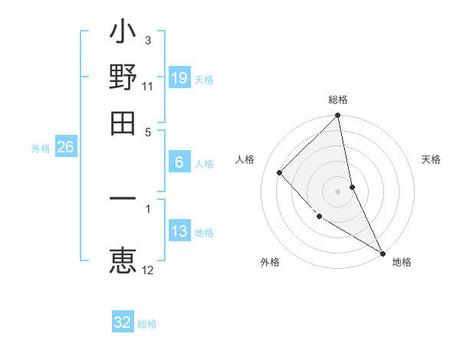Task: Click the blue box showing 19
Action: (179, 77)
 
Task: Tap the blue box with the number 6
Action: (179, 162)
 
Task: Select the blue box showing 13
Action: (179, 231)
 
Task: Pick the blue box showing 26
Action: (65, 147)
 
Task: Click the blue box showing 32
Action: (123, 322)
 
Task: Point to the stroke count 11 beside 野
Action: (148, 86)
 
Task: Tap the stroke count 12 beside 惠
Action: (148, 270)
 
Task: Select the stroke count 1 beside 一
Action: (147, 207)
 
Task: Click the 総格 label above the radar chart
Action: (338, 100)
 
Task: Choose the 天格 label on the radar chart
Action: (431, 159)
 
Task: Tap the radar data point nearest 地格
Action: (382, 252)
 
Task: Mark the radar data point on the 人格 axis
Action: (280, 172)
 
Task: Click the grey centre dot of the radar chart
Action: (338, 191)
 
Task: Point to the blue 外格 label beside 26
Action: (41, 149)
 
